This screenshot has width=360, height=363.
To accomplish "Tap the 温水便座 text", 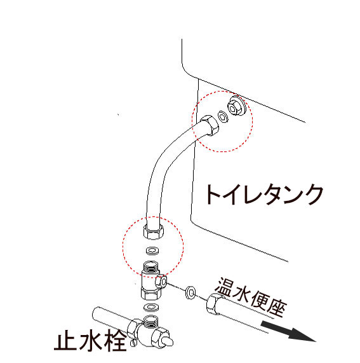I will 251,298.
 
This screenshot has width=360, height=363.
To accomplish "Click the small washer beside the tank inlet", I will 223,116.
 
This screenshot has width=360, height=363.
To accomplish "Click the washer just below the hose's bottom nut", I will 152,249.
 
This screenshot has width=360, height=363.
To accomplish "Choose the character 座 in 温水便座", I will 277,310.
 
